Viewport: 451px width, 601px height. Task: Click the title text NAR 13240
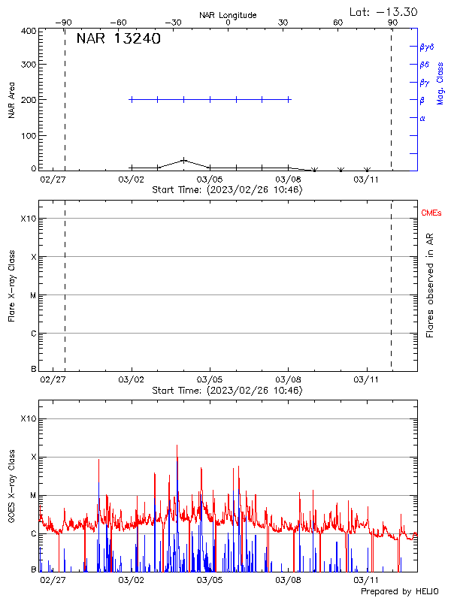[x=118, y=40]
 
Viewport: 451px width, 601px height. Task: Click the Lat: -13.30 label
[x=384, y=11]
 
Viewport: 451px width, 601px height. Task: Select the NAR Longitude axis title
[x=228, y=15]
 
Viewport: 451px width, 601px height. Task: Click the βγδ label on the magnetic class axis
[x=427, y=47]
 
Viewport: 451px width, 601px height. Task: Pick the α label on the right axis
[x=422, y=119]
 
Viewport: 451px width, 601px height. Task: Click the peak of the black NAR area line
[x=184, y=159]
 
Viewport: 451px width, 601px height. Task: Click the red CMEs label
[x=431, y=214]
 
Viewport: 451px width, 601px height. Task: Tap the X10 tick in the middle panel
[x=29, y=219]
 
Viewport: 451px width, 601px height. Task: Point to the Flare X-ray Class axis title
[x=11, y=286]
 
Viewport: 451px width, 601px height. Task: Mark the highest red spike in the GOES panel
[x=177, y=445]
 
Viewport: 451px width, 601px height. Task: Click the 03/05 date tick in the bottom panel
[x=210, y=580]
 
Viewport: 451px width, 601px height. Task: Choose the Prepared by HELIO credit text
[x=398, y=592]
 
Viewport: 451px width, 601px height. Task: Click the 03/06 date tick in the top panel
[x=210, y=179]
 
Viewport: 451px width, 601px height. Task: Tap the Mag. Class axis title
[x=440, y=83]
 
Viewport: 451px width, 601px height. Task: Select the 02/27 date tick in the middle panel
[x=53, y=380]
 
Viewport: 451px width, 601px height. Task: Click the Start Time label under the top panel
[x=227, y=189]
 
